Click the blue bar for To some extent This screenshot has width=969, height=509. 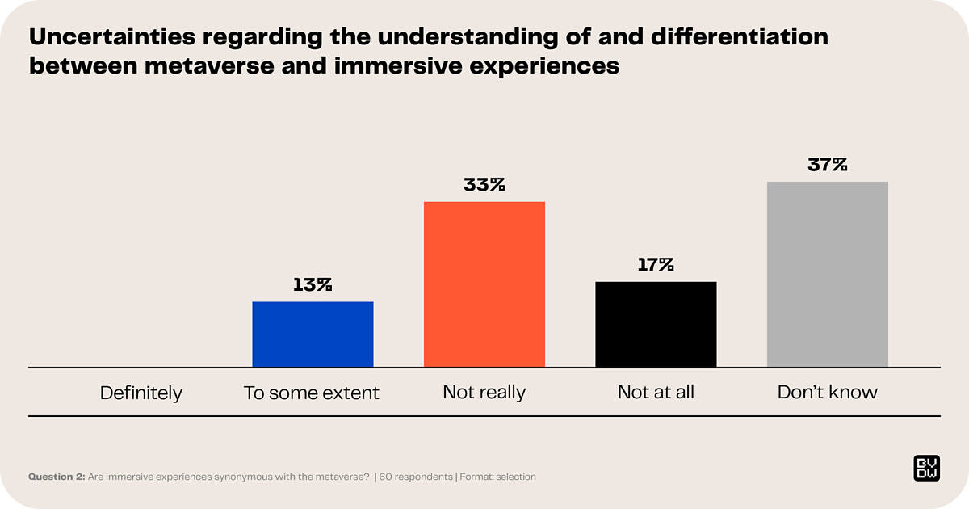313,334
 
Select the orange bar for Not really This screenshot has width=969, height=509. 484,284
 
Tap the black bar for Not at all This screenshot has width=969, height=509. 656,324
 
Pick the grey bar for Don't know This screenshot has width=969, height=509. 827,275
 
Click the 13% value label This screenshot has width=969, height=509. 313,284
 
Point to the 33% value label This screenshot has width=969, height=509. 484,184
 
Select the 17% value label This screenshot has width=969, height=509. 655,264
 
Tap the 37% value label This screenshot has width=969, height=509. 828,165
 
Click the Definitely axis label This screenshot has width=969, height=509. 141,393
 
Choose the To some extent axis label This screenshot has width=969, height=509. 312,393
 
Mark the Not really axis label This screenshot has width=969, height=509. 484,393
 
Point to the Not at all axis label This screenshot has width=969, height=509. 656,393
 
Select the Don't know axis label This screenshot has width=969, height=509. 828,393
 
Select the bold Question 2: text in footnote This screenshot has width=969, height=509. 57,477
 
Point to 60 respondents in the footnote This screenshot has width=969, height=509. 417,477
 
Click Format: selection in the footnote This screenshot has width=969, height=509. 499,477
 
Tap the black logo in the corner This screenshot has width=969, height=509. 925,469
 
